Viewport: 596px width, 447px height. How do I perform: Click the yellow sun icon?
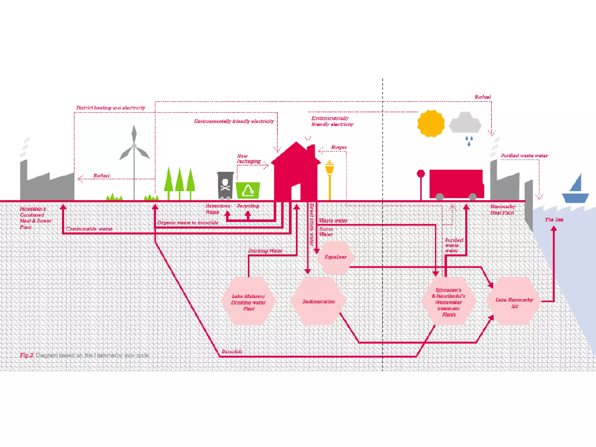[431, 123]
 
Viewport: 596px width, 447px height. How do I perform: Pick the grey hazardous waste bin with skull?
[225, 185]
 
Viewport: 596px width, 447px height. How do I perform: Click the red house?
[296, 172]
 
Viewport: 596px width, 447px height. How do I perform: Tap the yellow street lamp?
[329, 178]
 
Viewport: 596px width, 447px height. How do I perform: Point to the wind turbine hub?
[134, 146]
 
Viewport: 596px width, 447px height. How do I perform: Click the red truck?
[456, 184]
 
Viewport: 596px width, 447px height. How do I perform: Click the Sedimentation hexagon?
[319, 301]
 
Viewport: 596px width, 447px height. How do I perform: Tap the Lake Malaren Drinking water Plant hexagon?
[248, 302]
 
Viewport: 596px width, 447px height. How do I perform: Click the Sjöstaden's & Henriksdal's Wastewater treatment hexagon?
[448, 302]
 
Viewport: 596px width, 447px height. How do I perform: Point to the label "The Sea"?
[554, 220]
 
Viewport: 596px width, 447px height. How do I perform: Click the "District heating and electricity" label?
[111, 108]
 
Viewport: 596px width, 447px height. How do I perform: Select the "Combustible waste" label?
[89, 229]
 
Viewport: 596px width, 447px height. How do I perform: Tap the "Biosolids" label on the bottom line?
[232, 352]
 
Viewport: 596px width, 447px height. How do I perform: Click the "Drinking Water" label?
[265, 251]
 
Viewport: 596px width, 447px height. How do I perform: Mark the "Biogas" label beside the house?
[339, 148]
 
